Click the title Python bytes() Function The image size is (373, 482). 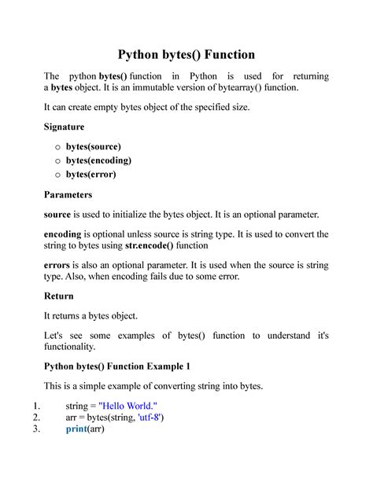[x=186, y=54]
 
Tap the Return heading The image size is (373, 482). [x=58, y=296]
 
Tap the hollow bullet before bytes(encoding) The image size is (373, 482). [x=55, y=160]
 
